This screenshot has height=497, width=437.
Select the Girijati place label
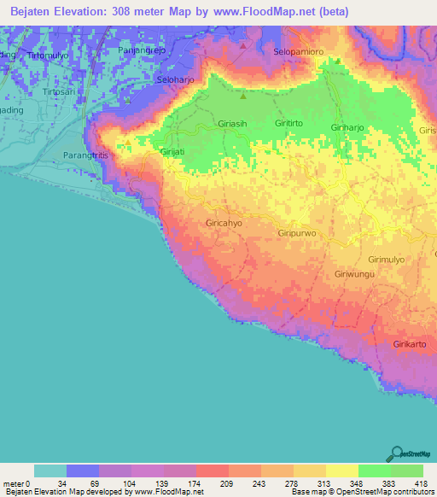tap(173, 151)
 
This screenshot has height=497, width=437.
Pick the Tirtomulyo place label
tap(47, 56)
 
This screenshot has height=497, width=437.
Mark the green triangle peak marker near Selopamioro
tap(338, 61)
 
